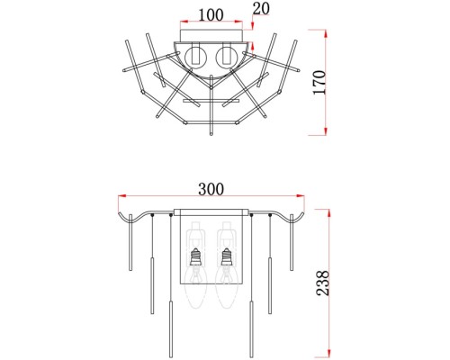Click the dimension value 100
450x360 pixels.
(211, 15)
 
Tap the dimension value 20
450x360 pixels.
(261, 9)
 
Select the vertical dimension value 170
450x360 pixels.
(319, 83)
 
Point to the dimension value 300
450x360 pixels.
(211, 189)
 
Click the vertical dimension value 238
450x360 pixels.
(323, 283)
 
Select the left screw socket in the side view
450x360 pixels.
(195, 256)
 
